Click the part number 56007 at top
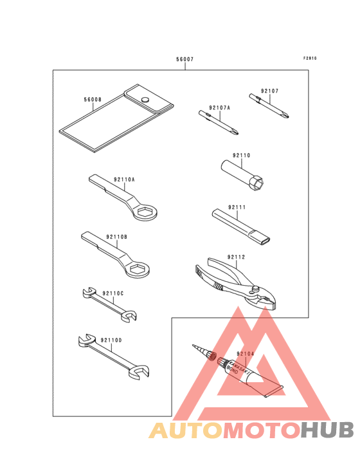point(184,59)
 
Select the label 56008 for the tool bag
point(93,100)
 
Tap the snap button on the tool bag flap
point(146,99)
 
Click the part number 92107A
point(219,107)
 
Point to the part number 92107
point(269,91)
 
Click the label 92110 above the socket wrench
point(241,155)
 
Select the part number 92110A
point(125,180)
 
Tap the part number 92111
point(237,208)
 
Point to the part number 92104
point(245,354)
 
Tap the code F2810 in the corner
point(310,58)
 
